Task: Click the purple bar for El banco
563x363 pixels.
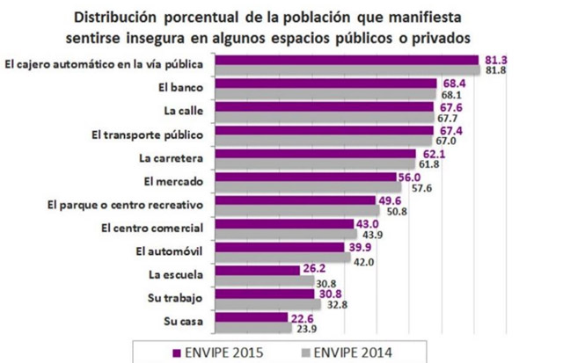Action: [325, 84]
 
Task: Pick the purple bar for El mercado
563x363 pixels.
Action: [303, 178]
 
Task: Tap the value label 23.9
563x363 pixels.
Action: [304, 330]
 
